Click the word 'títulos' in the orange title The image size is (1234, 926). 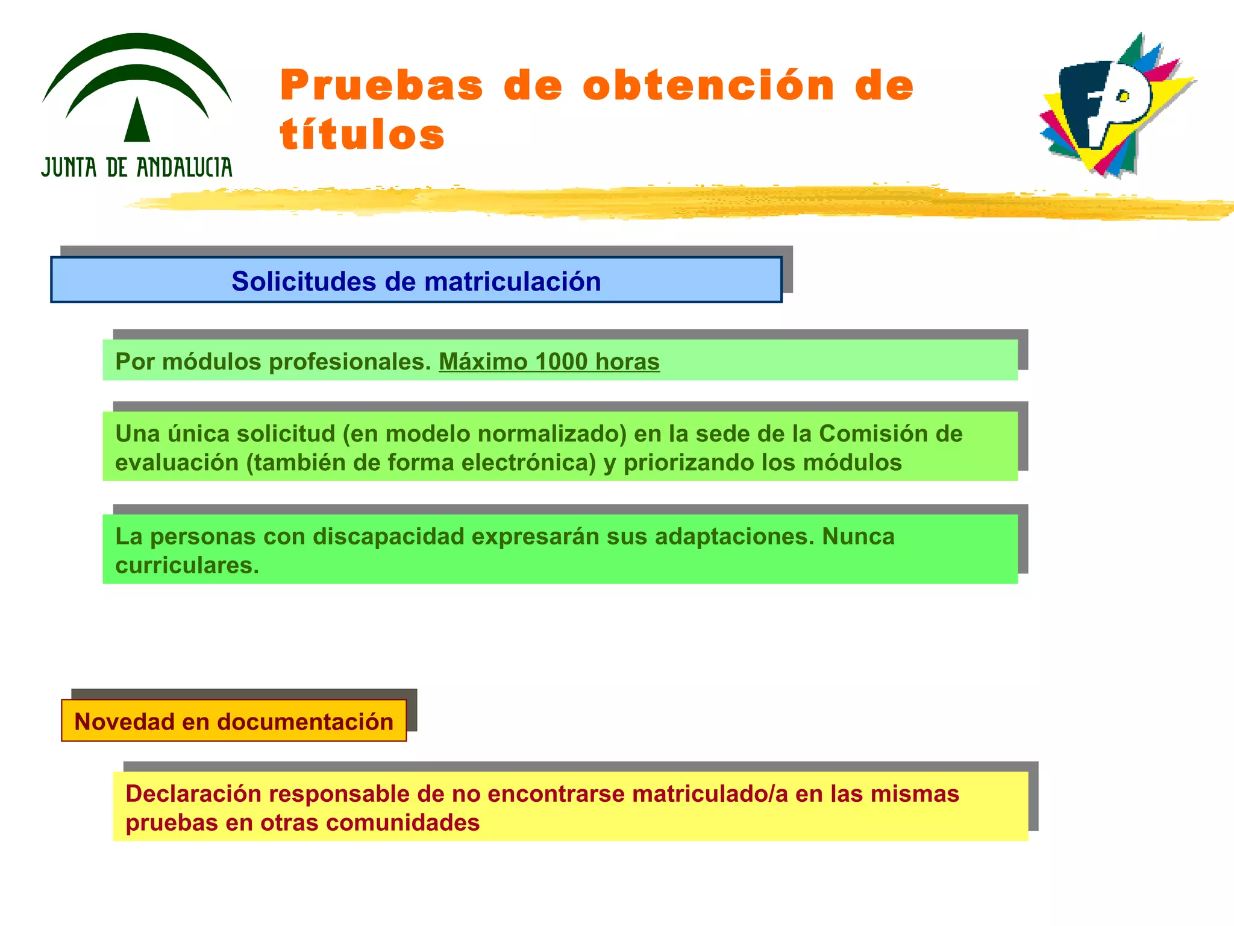coord(362,135)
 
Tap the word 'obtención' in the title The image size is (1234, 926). coord(709,86)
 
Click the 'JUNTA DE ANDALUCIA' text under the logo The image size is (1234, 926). coord(137,167)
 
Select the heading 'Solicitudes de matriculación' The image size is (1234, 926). coord(416,282)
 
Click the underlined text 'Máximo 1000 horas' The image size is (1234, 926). coord(549,362)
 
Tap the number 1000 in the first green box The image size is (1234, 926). coord(561,362)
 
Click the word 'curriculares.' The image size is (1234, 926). coord(187,565)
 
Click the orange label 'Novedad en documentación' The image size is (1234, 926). coord(234,722)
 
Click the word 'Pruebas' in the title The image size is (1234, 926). coord(382,86)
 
